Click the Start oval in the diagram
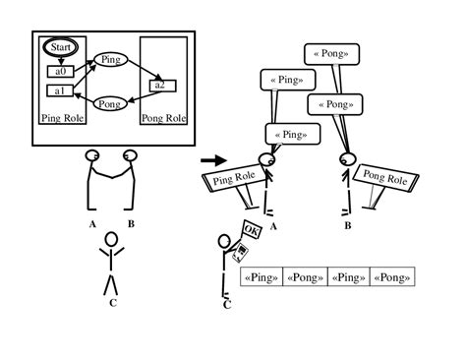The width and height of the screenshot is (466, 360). [60, 48]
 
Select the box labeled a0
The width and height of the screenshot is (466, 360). [59, 71]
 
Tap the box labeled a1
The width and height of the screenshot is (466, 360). [59, 91]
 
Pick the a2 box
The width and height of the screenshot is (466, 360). [160, 86]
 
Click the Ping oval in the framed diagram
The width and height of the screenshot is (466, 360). [109, 60]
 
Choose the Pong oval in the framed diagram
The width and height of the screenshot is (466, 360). [109, 102]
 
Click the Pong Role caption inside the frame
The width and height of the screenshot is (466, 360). [163, 119]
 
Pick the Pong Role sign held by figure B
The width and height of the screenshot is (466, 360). [383, 177]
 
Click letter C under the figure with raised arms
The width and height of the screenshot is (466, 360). [111, 302]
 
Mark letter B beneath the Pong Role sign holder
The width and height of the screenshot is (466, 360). [347, 225]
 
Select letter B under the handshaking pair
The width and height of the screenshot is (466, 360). [131, 223]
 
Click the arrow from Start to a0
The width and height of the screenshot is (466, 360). [60, 60]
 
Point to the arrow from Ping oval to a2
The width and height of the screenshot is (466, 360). [139, 71]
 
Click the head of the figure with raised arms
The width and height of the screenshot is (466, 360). [111, 239]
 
